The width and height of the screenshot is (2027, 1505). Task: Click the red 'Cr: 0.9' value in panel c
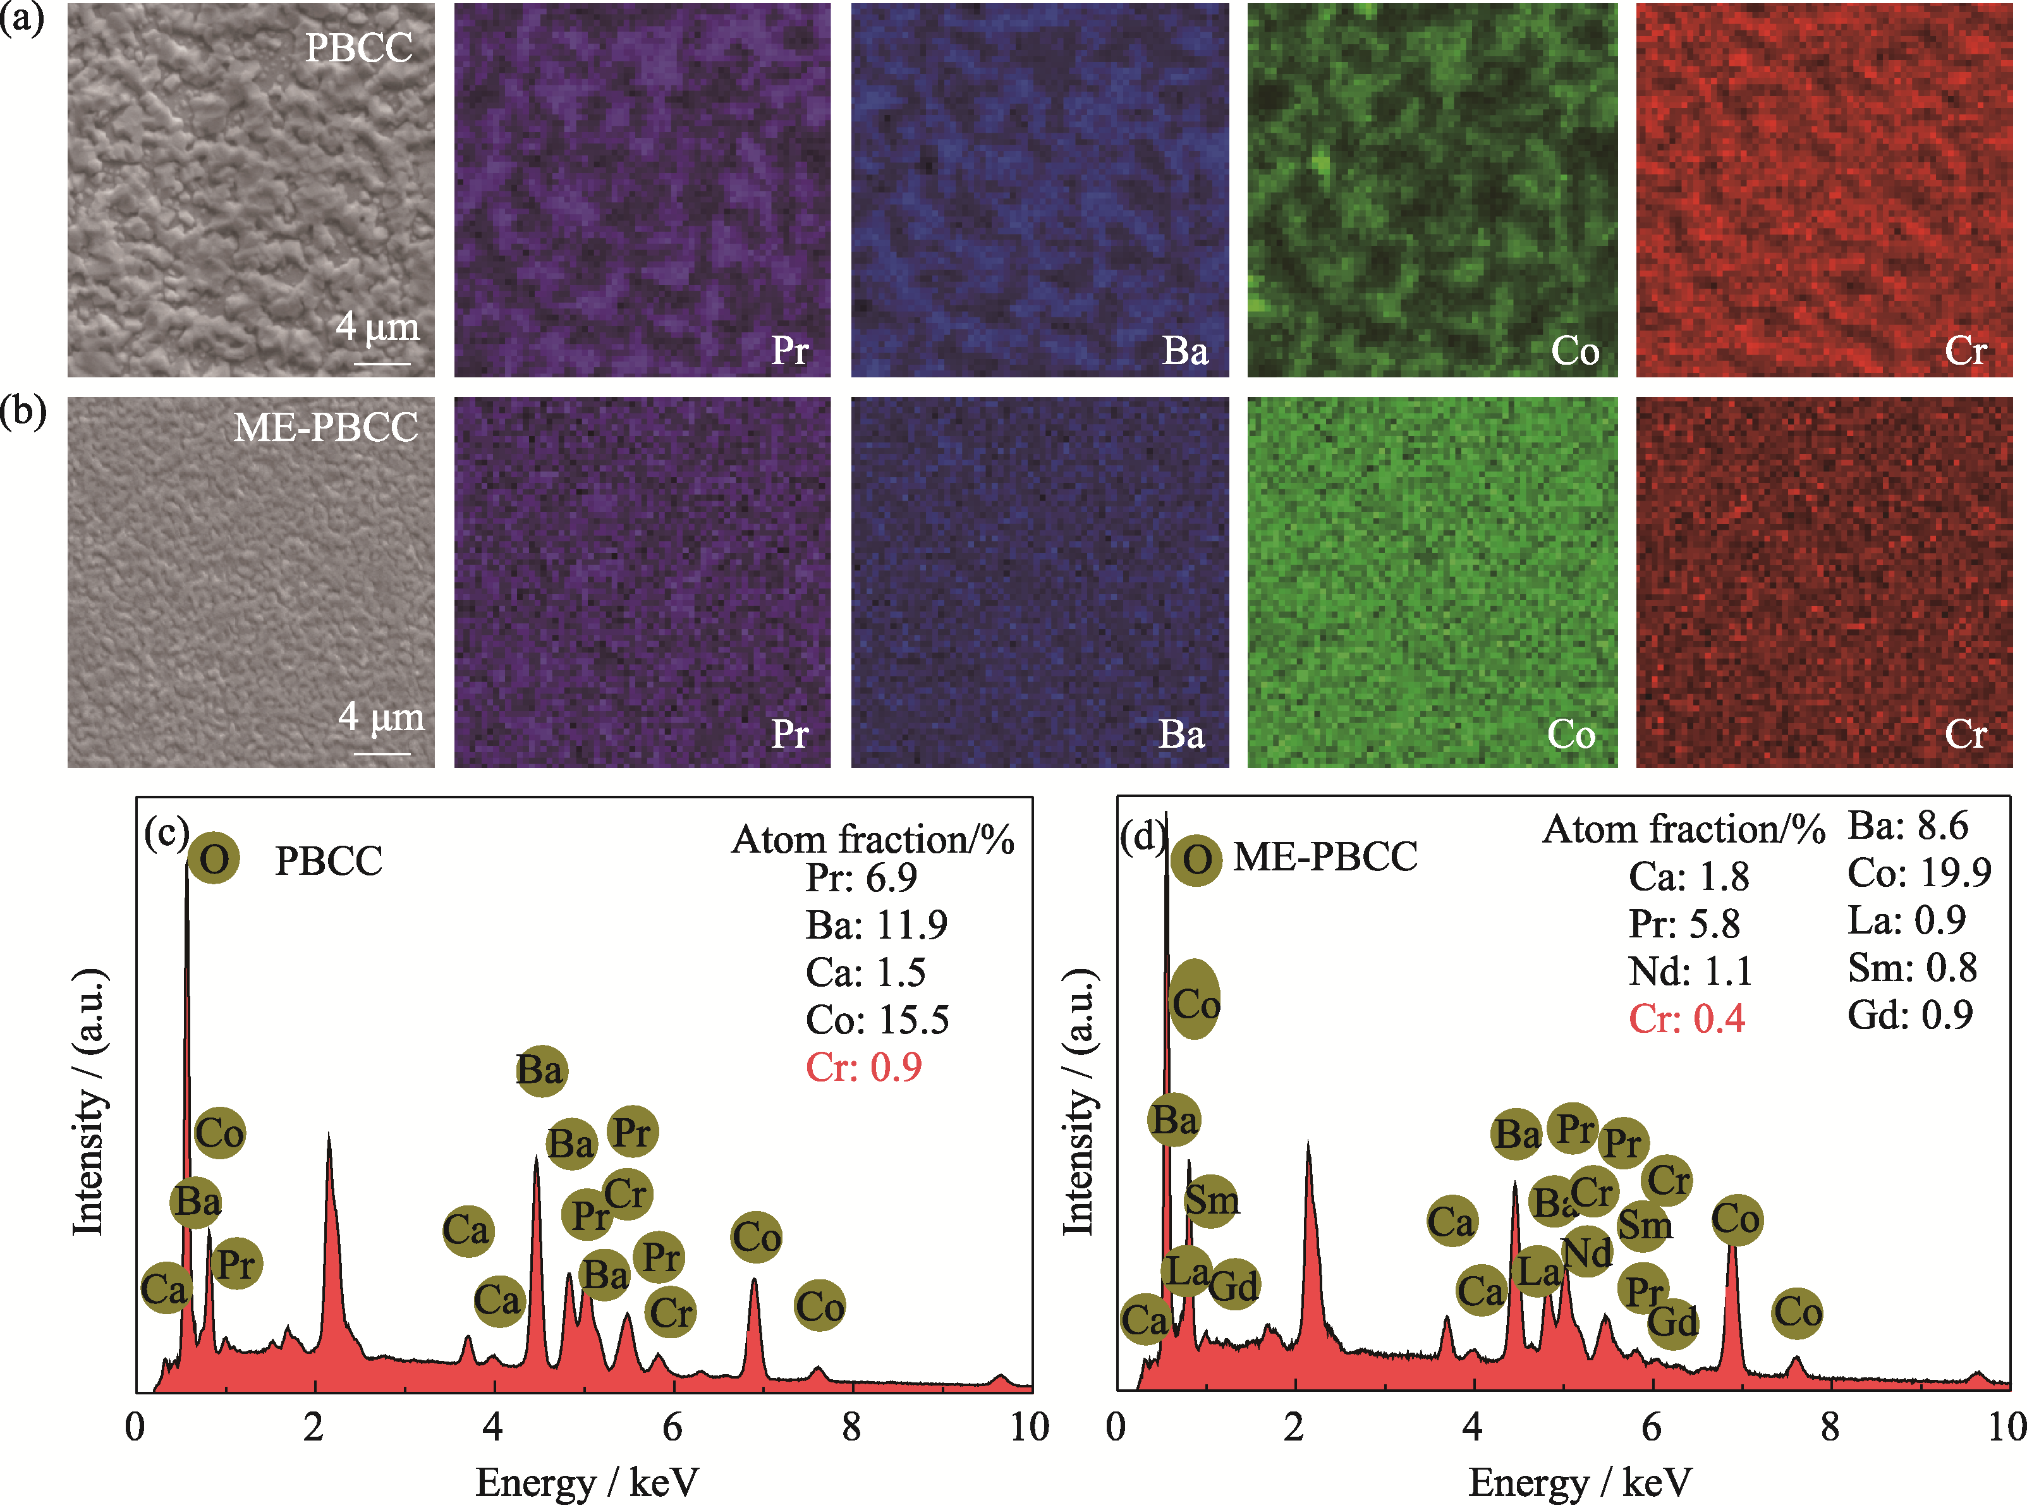point(863,1067)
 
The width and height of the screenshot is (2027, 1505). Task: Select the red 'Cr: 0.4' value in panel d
point(1686,1018)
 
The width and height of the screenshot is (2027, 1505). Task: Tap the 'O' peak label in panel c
point(214,858)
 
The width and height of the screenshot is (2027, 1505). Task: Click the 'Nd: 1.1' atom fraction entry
point(1690,971)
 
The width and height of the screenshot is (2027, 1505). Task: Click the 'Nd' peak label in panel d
point(1587,1253)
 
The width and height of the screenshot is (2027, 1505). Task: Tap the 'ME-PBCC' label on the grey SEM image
point(326,427)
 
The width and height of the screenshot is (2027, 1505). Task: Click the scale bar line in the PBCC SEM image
point(382,363)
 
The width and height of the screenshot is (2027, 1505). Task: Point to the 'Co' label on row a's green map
point(1574,351)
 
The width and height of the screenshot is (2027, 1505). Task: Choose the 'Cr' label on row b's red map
point(1965,734)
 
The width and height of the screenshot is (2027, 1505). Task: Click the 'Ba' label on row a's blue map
point(1184,351)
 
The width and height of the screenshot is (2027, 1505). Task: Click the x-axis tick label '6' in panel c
point(673,1427)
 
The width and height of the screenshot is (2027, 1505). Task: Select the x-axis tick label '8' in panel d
point(1829,1427)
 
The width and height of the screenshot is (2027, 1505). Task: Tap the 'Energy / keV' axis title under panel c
point(587,1482)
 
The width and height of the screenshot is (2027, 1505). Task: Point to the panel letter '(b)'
point(23,411)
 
